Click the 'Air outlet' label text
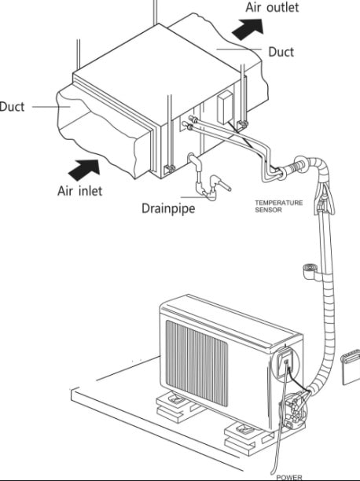[x=272, y=7]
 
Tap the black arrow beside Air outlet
[x=248, y=29]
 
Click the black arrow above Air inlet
[x=84, y=170]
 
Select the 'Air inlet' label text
[x=80, y=191]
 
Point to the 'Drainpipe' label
[x=168, y=208]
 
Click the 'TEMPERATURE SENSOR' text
[x=278, y=206]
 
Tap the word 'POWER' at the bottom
[x=289, y=478]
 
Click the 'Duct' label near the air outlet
[x=281, y=52]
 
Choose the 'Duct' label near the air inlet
[x=12, y=107]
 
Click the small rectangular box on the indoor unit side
[x=224, y=108]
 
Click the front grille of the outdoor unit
[x=197, y=363]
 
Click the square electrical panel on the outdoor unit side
[x=285, y=364]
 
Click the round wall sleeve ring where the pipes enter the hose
[x=300, y=164]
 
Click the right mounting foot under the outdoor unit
[x=245, y=437]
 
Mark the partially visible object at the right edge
[x=351, y=366]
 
